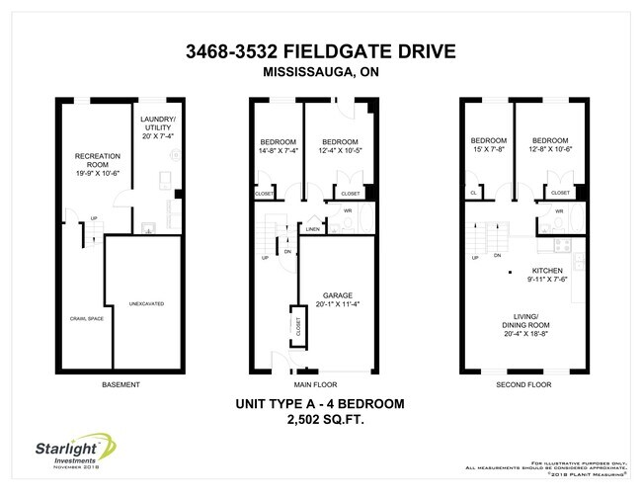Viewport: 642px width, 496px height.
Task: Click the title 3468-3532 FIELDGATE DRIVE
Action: (x=321, y=51)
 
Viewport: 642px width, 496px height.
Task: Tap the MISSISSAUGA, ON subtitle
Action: (x=321, y=71)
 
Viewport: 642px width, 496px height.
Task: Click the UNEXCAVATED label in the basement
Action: (x=145, y=303)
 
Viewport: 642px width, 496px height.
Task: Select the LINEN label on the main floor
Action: (x=312, y=228)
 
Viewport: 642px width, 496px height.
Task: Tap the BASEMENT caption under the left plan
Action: (x=120, y=384)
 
